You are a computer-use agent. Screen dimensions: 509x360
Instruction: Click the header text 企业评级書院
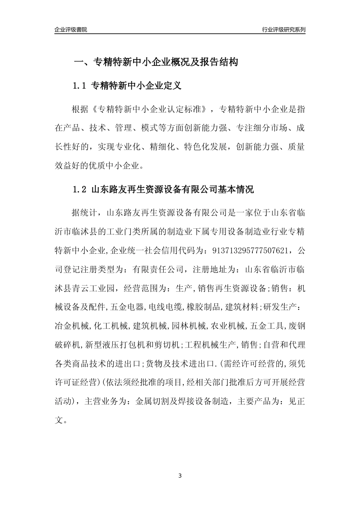pos(71,30)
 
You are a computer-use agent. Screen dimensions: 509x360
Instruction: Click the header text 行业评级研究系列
pos(283,30)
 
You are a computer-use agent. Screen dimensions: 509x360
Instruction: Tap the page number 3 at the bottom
pos(180,475)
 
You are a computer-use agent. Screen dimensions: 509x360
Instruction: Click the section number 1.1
pos(80,86)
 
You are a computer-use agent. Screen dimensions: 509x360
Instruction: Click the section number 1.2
pos(80,189)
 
